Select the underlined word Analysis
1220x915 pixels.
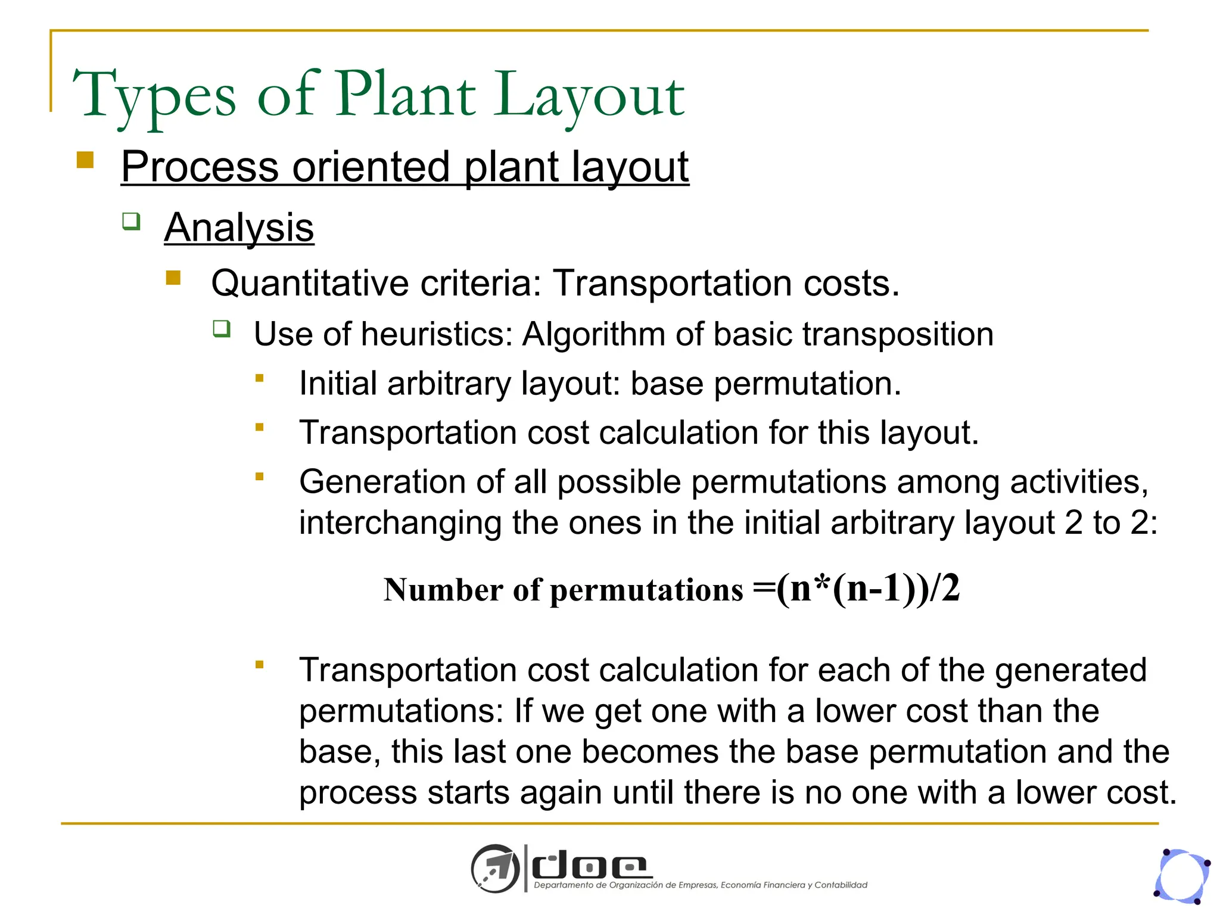point(239,228)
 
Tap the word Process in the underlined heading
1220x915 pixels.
point(200,167)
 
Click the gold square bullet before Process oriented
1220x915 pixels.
point(85,160)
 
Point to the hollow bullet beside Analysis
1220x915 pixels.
point(131,221)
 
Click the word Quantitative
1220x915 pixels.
point(310,283)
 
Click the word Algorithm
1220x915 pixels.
point(593,334)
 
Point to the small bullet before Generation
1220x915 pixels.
point(259,476)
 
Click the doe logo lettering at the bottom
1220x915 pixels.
point(590,867)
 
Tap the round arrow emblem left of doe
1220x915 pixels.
point(494,869)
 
